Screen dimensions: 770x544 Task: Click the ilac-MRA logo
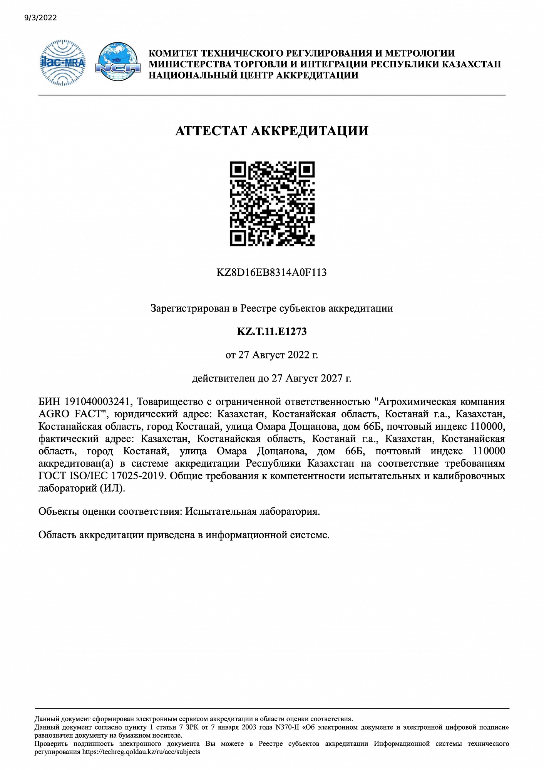click(63, 62)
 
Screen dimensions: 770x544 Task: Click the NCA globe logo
click(117, 62)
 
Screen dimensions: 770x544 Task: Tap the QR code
click(272, 204)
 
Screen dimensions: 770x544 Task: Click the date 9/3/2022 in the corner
click(40, 18)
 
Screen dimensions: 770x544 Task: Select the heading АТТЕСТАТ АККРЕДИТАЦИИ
click(272, 131)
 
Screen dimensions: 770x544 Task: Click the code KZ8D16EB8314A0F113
click(271, 273)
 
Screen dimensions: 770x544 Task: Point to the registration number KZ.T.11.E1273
click(272, 331)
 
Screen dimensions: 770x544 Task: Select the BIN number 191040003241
click(98, 402)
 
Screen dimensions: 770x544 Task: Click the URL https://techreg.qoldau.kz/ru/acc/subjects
click(141, 752)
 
